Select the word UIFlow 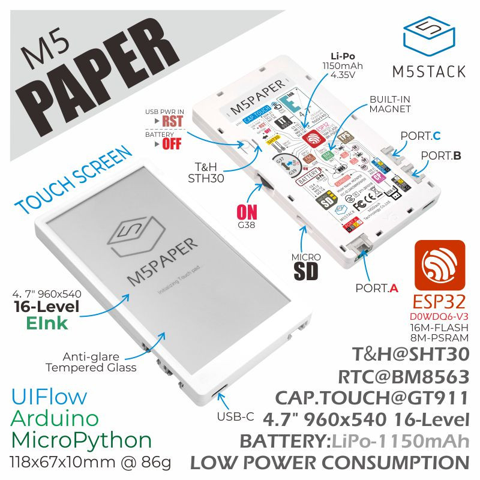point(49,397)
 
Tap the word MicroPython point(82,440)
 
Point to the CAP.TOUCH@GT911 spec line point(371,398)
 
